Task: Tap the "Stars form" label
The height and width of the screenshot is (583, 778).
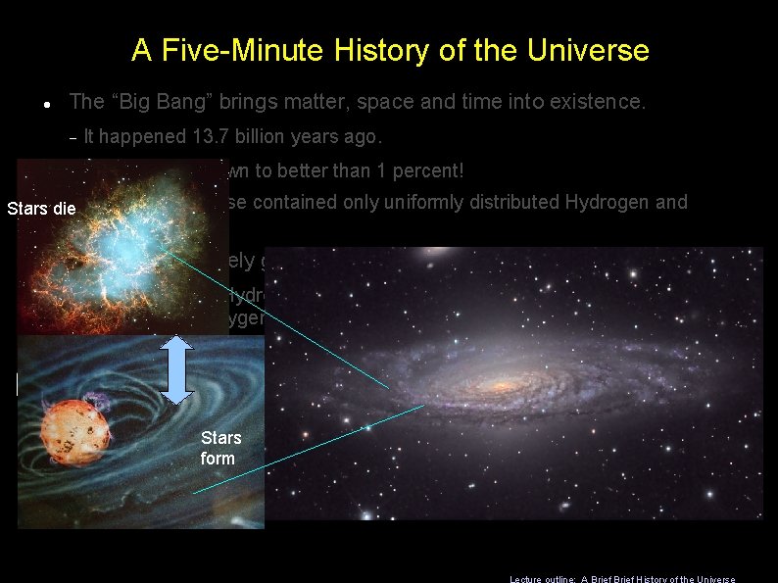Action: tap(220, 448)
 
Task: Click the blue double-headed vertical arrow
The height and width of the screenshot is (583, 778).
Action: tap(174, 369)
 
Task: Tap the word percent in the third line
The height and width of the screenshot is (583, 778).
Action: tap(424, 170)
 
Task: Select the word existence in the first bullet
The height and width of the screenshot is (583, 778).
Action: tap(598, 101)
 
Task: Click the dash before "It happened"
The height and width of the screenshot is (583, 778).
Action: tap(73, 137)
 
